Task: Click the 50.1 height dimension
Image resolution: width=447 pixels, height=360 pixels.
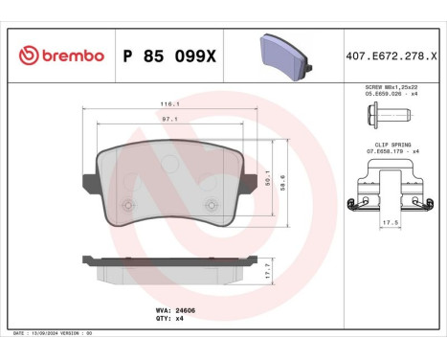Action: (x=269, y=178)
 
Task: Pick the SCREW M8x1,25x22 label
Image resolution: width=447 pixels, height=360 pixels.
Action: (x=387, y=87)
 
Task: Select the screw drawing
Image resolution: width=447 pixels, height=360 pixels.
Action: (x=386, y=117)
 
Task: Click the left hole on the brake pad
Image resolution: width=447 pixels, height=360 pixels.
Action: (x=130, y=202)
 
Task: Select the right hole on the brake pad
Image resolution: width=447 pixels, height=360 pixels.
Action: (x=212, y=202)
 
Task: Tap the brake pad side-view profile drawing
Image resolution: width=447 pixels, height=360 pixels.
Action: (x=170, y=265)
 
